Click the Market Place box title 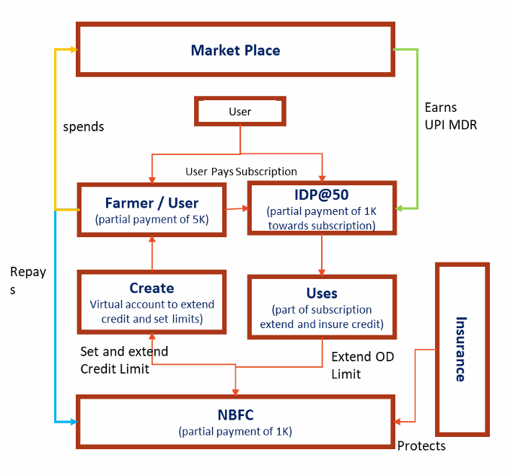pyautogui.click(x=235, y=50)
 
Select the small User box pyautogui.click(x=240, y=112)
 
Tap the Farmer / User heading pyautogui.click(x=151, y=203)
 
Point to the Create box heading pyautogui.click(x=151, y=288)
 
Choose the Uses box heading pyautogui.click(x=321, y=293)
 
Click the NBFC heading pyautogui.click(x=235, y=415)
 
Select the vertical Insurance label pyautogui.click(x=460, y=348)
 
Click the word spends pyautogui.click(x=84, y=127)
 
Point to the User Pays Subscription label pyautogui.click(x=241, y=172)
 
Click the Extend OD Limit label pyautogui.click(x=353, y=365)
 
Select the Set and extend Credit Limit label pyautogui.click(x=124, y=360)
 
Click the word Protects pyautogui.click(x=421, y=446)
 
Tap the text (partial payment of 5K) pyautogui.click(x=151, y=220)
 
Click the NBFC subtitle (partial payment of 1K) pyautogui.click(x=235, y=432)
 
